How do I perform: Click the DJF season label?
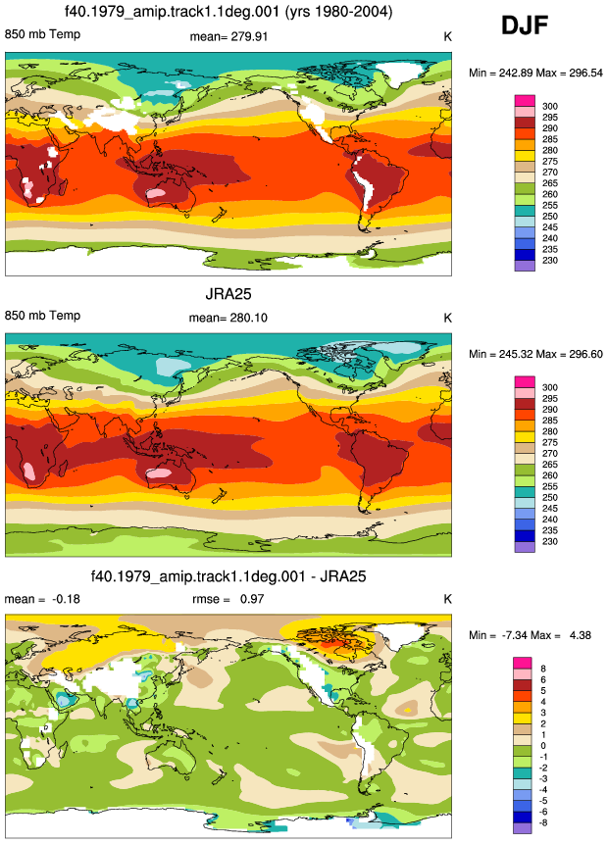[x=525, y=25]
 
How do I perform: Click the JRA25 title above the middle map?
[x=228, y=294]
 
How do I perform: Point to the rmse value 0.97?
[x=252, y=599]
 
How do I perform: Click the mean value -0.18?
[x=66, y=599]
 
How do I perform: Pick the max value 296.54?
[x=585, y=73]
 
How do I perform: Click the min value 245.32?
[x=516, y=354]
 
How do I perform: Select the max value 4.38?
[x=580, y=635]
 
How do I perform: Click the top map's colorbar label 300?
[x=550, y=106]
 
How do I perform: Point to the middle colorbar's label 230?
[x=550, y=541]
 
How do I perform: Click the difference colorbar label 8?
[x=543, y=669]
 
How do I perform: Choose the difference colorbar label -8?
[x=543, y=822]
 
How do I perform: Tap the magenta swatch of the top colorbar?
[x=525, y=101]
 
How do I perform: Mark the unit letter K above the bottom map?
[x=447, y=599]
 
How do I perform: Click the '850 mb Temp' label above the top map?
[x=42, y=34]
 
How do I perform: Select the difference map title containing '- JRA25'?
[x=228, y=576]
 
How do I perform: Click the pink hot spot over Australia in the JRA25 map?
[x=161, y=473]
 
